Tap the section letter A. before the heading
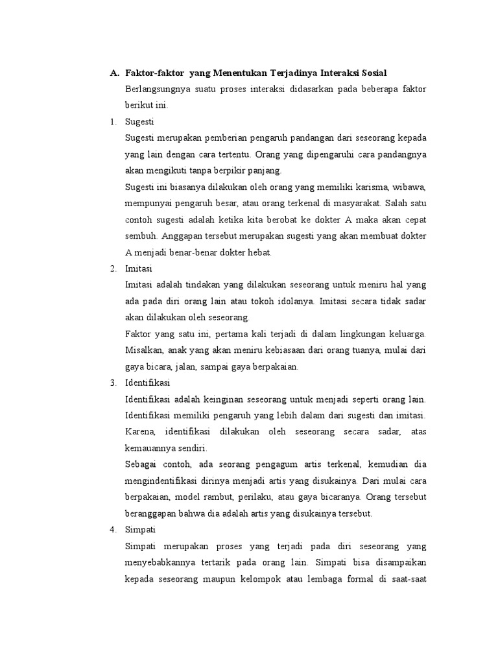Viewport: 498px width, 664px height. point(114,73)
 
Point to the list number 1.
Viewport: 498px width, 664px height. point(113,121)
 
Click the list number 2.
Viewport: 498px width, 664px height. point(113,268)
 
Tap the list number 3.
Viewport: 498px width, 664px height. point(113,382)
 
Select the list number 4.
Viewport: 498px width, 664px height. point(113,530)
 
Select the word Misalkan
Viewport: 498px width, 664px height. point(144,350)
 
